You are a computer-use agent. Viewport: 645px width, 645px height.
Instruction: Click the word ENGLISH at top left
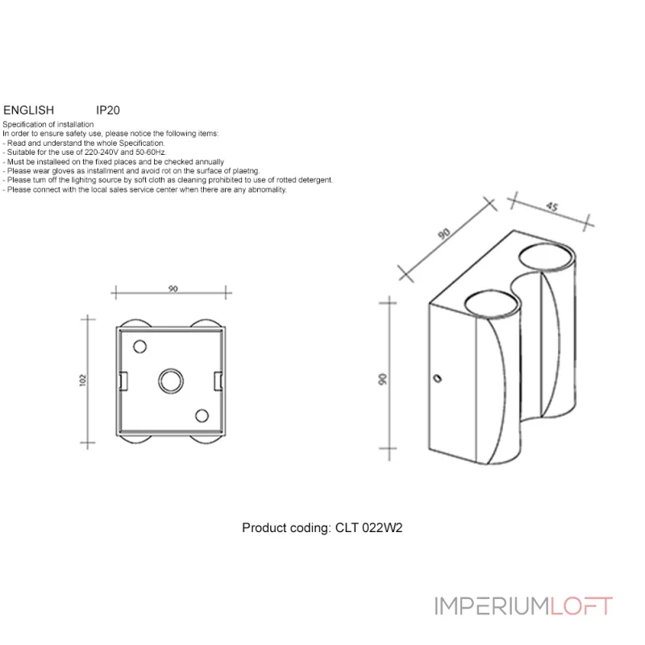28,110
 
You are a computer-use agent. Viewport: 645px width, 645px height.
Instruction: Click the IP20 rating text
108,110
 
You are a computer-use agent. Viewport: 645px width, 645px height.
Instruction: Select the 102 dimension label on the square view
83,380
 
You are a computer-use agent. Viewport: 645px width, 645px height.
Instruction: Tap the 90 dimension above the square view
173,289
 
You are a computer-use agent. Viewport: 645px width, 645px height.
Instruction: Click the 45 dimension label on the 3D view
552,206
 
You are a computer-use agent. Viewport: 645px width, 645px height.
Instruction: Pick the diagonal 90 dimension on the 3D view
445,234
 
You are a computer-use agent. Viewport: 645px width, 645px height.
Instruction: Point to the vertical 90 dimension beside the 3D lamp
382,379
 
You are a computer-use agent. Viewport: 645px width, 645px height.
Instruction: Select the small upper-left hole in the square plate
139,347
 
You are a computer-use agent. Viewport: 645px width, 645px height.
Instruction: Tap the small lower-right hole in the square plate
202,414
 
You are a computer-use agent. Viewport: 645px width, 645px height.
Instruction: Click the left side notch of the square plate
122,380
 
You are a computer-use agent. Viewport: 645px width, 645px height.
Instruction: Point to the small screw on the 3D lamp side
438,377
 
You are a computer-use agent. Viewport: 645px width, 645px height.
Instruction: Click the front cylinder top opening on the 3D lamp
490,304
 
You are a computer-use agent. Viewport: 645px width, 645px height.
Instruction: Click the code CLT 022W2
368,528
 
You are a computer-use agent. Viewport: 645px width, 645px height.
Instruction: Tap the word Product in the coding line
263,528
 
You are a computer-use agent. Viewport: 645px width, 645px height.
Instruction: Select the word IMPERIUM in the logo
492,605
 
